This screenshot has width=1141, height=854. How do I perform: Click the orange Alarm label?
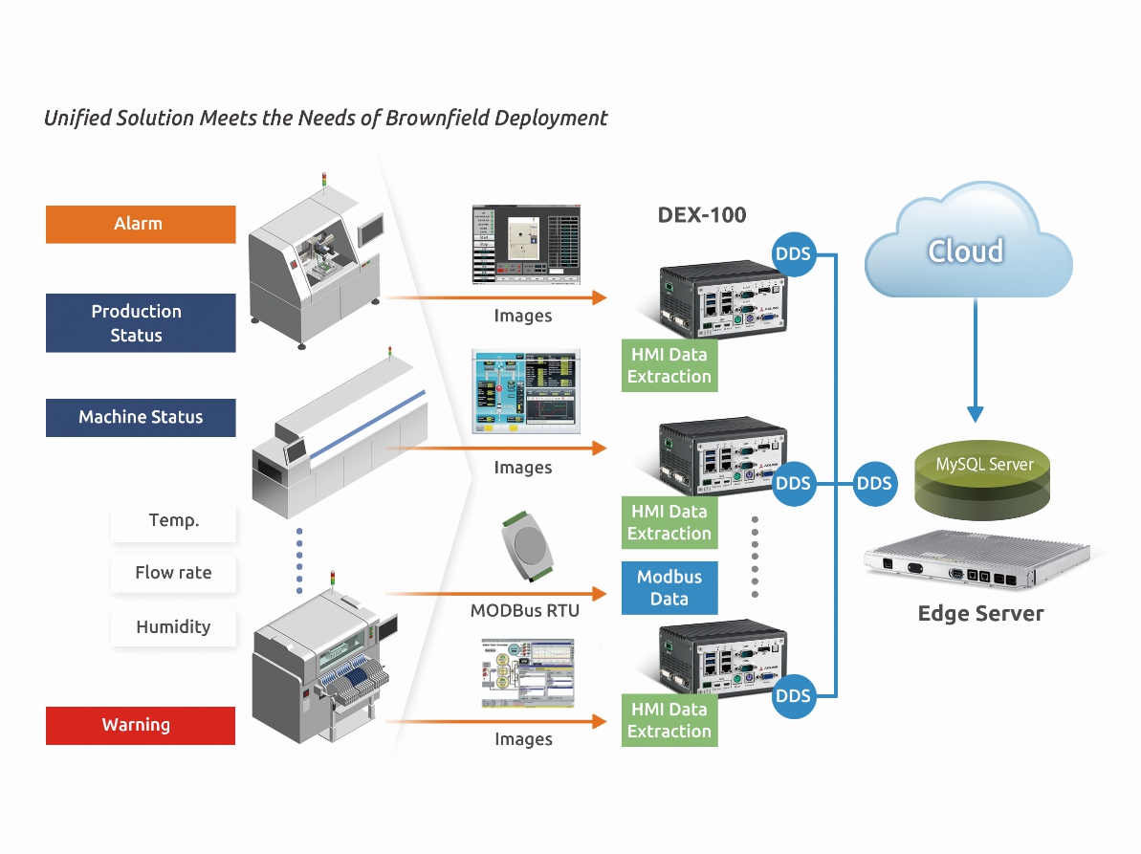(140, 224)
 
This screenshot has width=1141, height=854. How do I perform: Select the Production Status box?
(140, 323)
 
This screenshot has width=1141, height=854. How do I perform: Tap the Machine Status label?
(140, 418)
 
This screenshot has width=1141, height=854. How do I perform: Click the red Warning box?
(140, 725)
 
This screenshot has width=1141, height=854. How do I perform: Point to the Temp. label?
(173, 521)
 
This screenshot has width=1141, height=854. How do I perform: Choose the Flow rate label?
(173, 573)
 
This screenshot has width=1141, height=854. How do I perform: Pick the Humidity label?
(173, 627)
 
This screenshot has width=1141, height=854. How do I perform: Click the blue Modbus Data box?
(669, 588)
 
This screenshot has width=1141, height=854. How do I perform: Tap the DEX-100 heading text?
(701, 215)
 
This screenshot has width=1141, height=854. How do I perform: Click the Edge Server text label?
(980, 614)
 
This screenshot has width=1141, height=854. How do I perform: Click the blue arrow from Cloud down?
(975, 363)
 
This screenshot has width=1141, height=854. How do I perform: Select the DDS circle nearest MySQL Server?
(873, 484)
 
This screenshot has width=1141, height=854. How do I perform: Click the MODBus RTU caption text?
(524, 610)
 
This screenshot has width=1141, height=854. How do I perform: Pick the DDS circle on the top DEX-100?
(793, 254)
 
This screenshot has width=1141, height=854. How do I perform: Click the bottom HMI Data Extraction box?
(669, 720)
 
